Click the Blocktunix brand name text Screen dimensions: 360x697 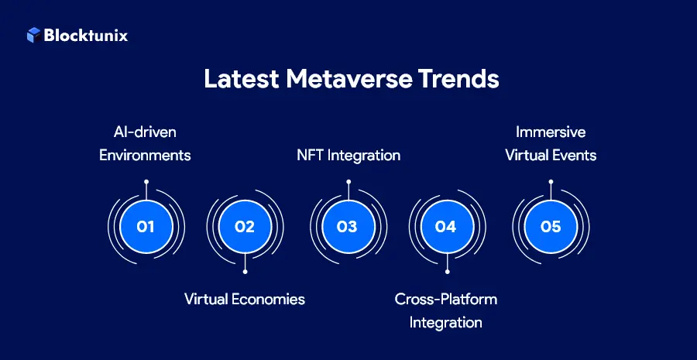[x=86, y=35]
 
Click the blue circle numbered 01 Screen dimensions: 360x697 [x=146, y=227]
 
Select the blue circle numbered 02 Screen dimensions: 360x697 [x=245, y=227]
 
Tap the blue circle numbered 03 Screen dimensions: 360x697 [x=348, y=227]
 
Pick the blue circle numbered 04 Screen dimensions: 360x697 [x=447, y=227]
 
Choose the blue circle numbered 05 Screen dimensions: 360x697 [x=550, y=227]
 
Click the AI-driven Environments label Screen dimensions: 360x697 [x=145, y=144]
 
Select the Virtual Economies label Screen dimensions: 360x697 [x=245, y=299]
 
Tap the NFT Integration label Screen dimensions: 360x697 [x=348, y=155]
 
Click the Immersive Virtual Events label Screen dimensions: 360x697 [x=551, y=144]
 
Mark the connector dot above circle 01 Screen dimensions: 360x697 [x=146, y=182]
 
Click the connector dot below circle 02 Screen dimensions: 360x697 [x=245, y=272]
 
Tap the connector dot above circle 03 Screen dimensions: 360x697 [x=348, y=182]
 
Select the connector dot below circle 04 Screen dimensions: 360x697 [x=447, y=272]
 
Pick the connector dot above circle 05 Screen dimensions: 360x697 [x=550, y=182]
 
